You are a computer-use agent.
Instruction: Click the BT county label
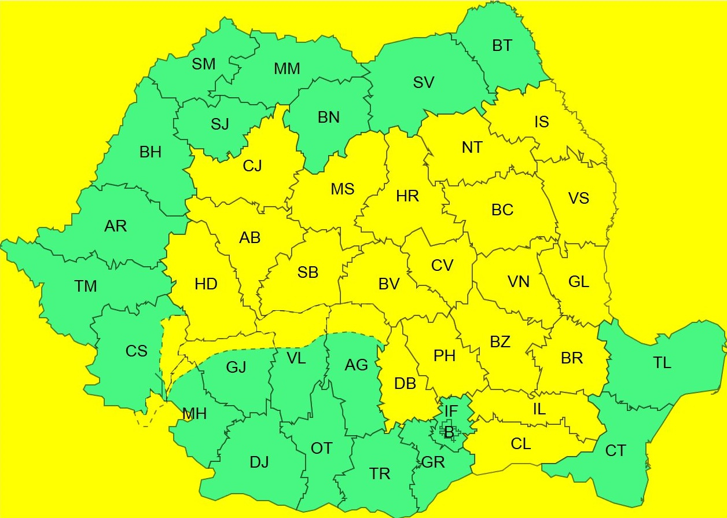pyautogui.click(x=502, y=46)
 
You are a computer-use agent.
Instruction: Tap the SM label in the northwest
pyautogui.click(x=204, y=64)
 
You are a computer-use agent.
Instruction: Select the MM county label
pyautogui.click(x=287, y=69)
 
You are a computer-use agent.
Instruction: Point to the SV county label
pyautogui.click(x=424, y=82)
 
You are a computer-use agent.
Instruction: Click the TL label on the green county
pyautogui.click(x=662, y=363)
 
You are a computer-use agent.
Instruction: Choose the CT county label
pyautogui.click(x=615, y=450)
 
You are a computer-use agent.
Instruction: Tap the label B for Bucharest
pyautogui.click(x=449, y=432)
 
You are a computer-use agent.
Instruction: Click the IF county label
pyautogui.click(x=451, y=411)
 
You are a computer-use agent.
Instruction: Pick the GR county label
pyautogui.click(x=433, y=462)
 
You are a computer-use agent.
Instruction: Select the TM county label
pyautogui.click(x=86, y=286)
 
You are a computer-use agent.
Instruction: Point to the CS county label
pyautogui.click(x=137, y=351)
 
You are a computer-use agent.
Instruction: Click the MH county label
pyautogui.click(x=194, y=414)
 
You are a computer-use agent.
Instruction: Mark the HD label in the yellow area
pyautogui.click(x=206, y=284)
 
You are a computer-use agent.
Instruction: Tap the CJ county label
pyautogui.click(x=252, y=166)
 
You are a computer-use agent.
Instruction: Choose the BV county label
pyautogui.click(x=389, y=284)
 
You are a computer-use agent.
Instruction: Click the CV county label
pyautogui.click(x=442, y=265)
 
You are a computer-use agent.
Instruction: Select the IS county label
pyautogui.click(x=541, y=122)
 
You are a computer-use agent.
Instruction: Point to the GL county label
pyautogui.click(x=579, y=282)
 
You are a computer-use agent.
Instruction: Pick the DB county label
pyautogui.click(x=405, y=383)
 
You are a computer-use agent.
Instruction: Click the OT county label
pyautogui.click(x=322, y=448)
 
